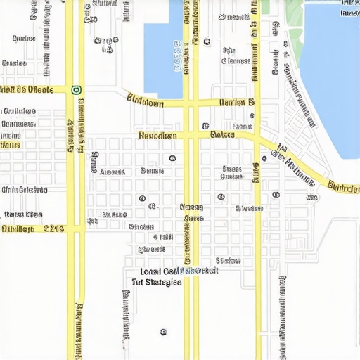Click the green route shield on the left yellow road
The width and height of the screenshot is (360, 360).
click(x=76, y=89)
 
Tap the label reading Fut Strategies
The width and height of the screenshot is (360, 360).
click(x=157, y=281)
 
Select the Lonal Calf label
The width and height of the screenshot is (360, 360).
click(x=159, y=271)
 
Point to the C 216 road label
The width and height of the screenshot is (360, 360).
click(x=54, y=229)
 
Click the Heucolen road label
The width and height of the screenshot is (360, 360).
click(x=157, y=135)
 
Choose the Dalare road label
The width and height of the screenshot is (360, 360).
click(x=223, y=134)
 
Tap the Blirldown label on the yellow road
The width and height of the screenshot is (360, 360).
click(x=145, y=103)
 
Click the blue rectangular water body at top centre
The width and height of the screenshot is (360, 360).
click(x=163, y=49)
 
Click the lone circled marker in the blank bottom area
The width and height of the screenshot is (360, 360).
click(x=163, y=331)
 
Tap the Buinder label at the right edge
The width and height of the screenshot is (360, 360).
click(x=344, y=188)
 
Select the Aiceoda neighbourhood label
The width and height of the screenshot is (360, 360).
click(x=112, y=172)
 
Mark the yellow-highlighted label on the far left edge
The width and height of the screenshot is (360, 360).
click(x=10, y=145)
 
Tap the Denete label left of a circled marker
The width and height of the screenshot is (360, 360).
click(x=152, y=170)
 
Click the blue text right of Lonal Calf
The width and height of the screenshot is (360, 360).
click(x=200, y=270)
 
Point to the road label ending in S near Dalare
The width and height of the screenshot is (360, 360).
click(x=237, y=103)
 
